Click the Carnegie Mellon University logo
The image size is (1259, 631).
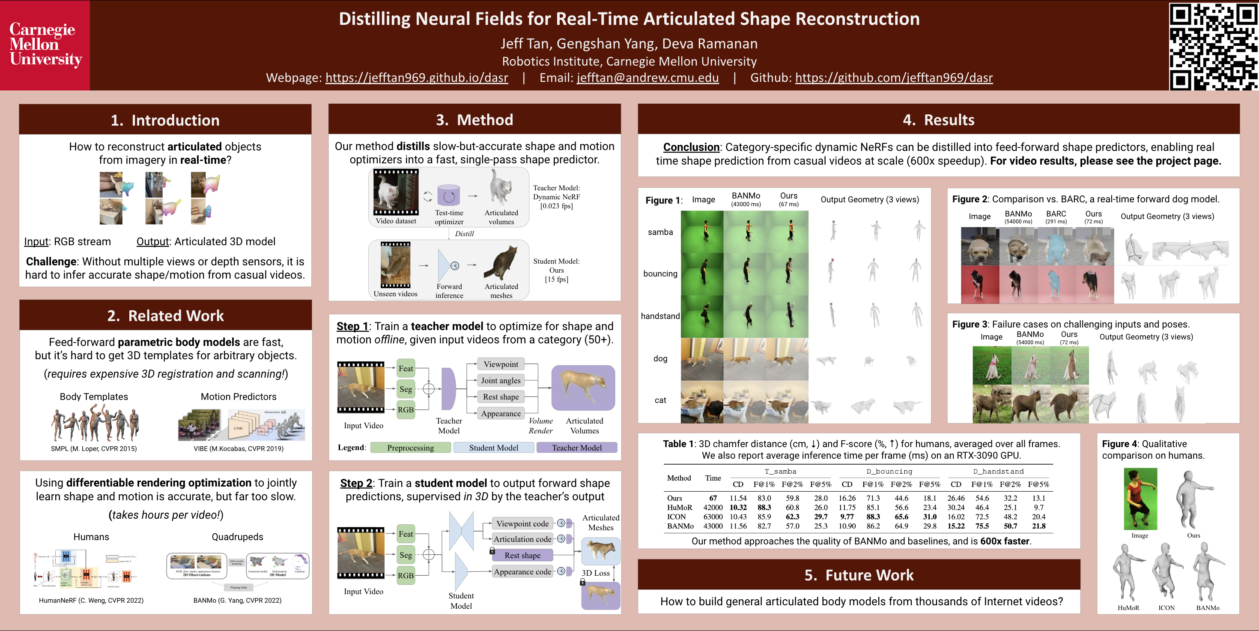45,45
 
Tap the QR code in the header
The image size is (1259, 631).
1213,46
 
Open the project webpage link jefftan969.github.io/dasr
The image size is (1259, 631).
416,78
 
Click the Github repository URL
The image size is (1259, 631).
893,78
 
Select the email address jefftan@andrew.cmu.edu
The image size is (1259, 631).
647,78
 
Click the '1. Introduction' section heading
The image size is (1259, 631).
165,120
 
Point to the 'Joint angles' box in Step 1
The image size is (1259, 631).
501,381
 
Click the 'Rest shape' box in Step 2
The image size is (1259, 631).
522,555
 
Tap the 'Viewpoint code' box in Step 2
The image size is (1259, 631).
522,523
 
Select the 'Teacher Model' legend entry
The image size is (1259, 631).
577,448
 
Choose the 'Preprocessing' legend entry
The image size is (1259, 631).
411,448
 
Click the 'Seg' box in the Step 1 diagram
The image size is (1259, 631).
406,389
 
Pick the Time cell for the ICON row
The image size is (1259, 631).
713,517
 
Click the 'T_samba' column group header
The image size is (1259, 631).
780,472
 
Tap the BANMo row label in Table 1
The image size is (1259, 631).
680,526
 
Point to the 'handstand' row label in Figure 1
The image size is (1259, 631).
660,316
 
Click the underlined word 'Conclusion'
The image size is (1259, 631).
691,147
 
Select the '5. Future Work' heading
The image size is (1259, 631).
859,575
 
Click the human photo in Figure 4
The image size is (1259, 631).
1140,499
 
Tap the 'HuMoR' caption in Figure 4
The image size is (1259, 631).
1128,607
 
